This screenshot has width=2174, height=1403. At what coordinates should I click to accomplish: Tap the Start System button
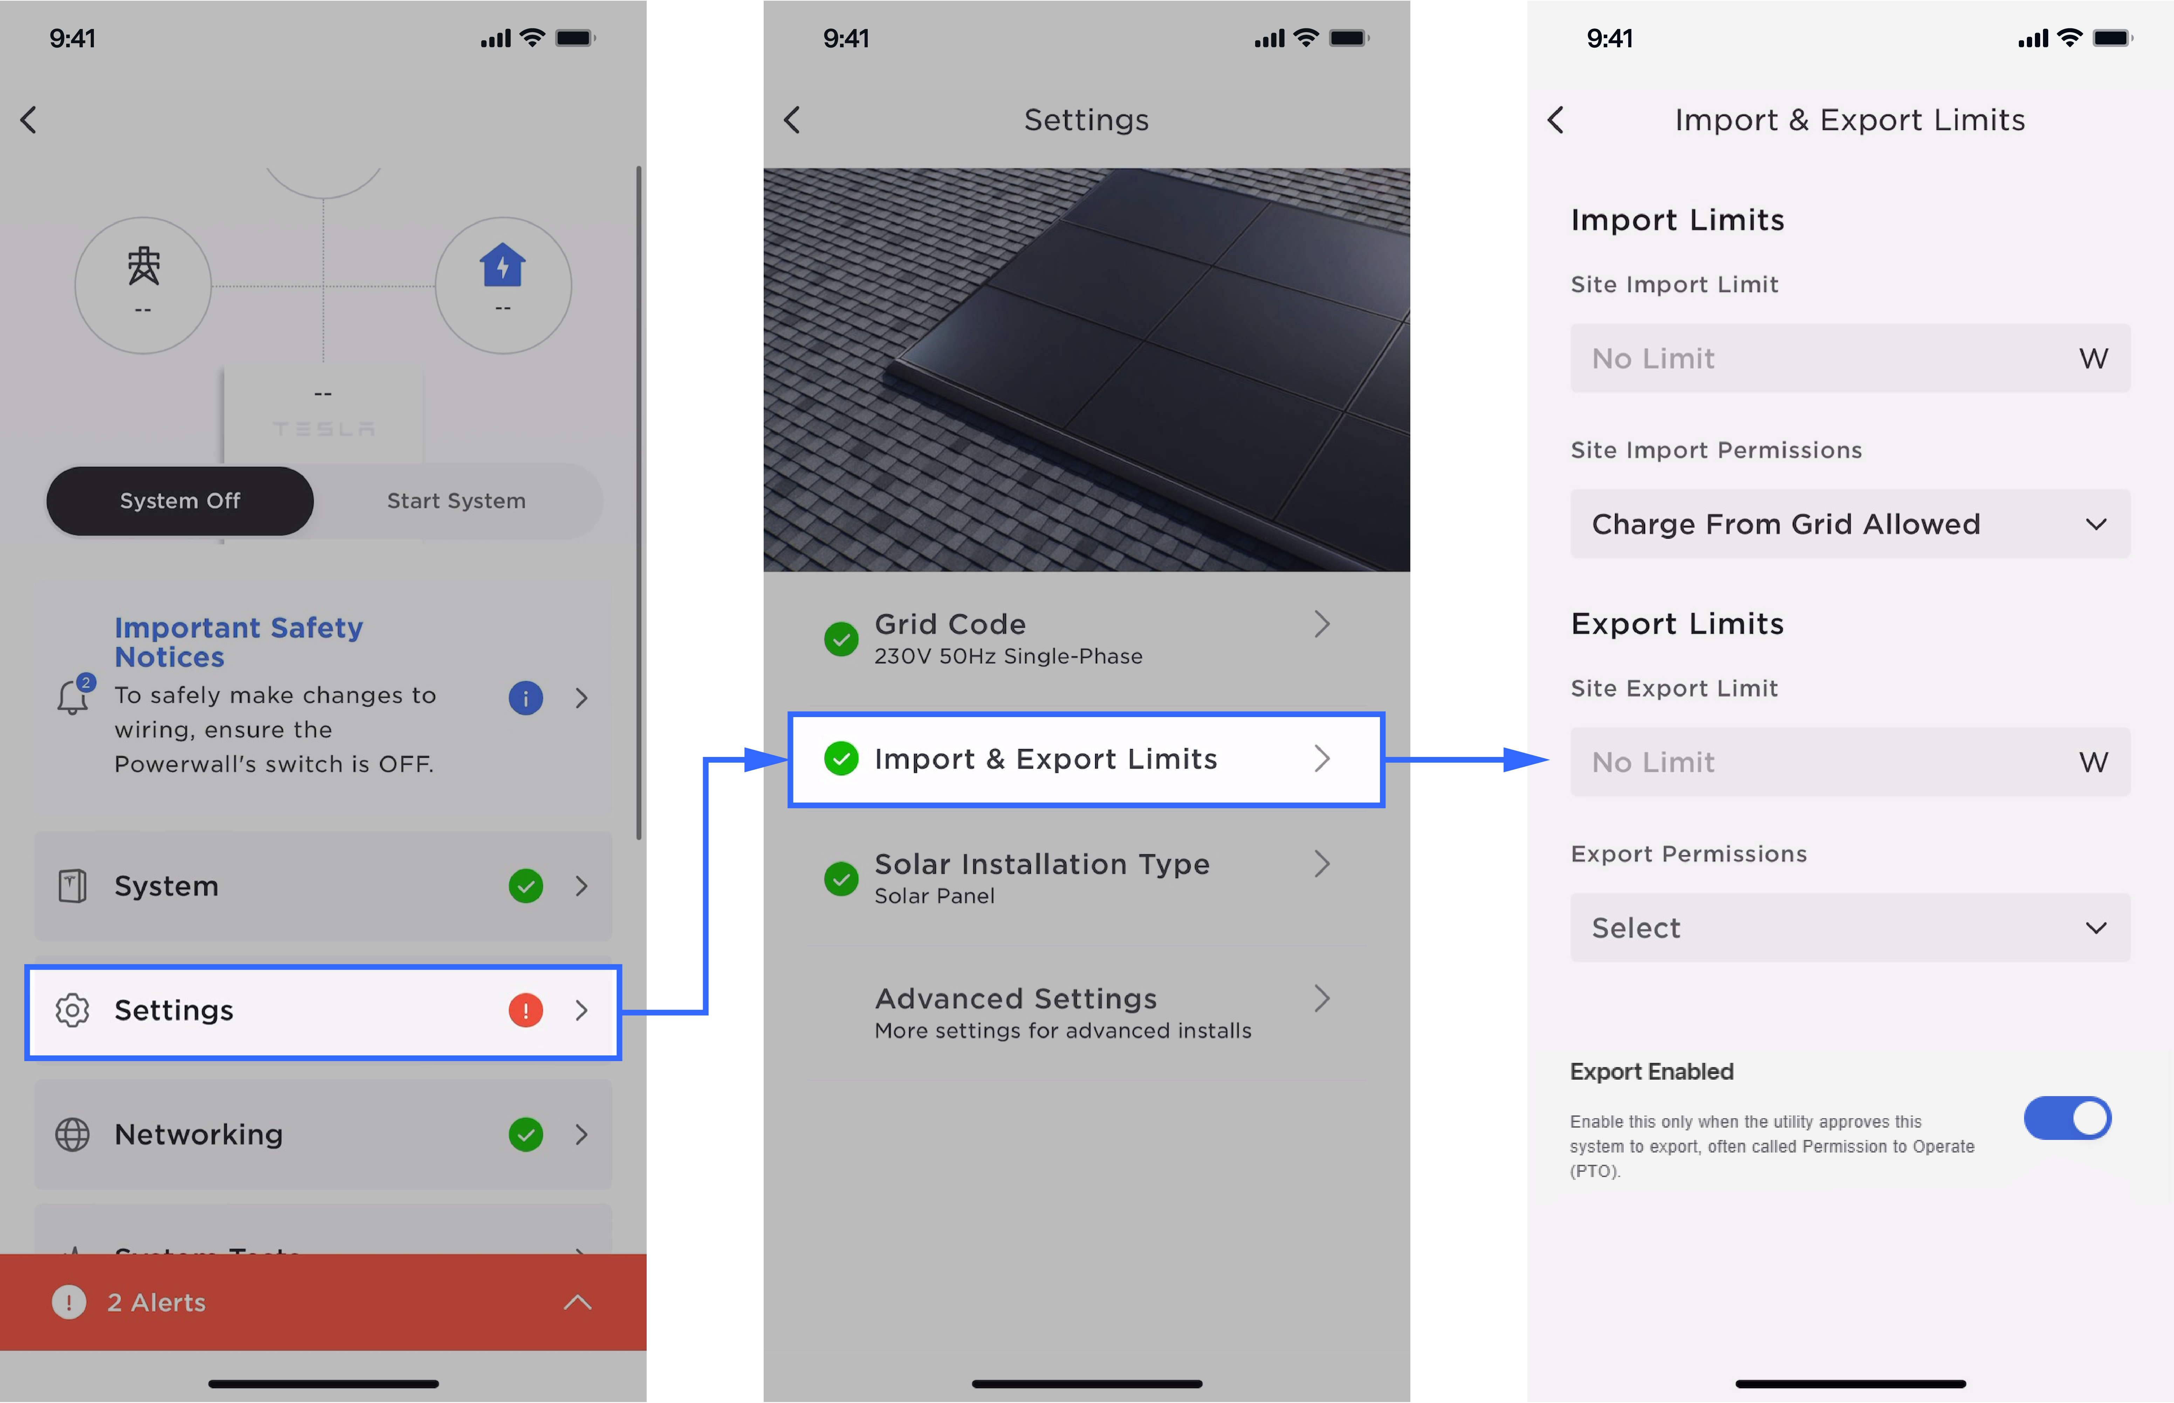click(x=456, y=501)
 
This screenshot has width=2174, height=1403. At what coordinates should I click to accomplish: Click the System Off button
click(x=180, y=501)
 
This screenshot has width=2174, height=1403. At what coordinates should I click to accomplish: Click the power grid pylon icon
click(x=143, y=266)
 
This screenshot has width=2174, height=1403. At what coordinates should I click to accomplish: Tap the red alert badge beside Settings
click(x=525, y=1010)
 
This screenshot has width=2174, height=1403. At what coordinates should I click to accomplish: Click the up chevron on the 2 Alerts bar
click(x=577, y=1303)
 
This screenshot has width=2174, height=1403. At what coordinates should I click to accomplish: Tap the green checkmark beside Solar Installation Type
click(x=841, y=879)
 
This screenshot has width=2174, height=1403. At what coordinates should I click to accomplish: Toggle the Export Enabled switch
click(x=2068, y=1119)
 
